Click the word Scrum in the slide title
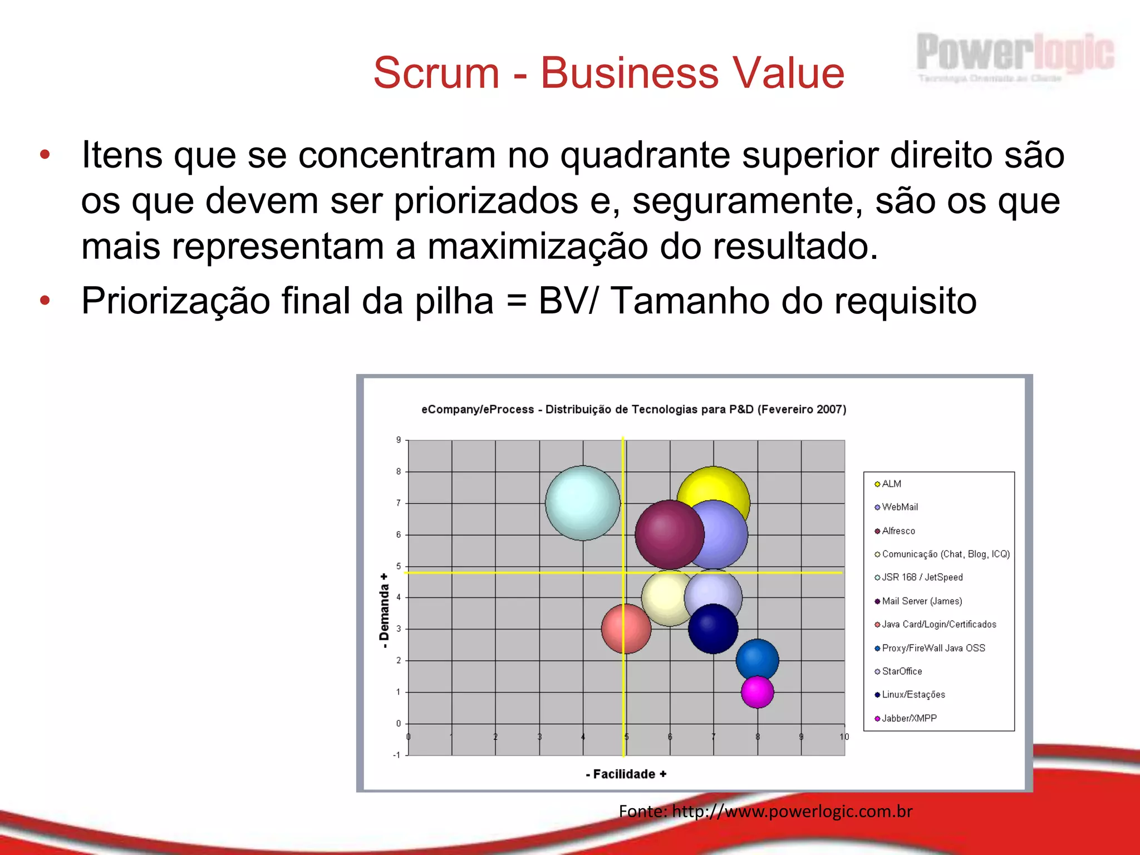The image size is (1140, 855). tap(436, 73)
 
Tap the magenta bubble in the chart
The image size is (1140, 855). tap(757, 692)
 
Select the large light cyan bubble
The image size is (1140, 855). tap(582, 503)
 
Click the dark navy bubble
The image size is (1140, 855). tap(713, 629)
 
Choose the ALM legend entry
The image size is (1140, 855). tap(891, 484)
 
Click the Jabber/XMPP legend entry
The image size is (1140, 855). tap(908, 718)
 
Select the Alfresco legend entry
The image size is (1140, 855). tap(898, 531)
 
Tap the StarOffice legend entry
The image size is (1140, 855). tap(901, 671)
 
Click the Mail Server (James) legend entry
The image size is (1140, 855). tap(921, 601)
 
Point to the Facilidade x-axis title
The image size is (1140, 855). tap(626, 774)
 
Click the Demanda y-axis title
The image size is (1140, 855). tap(384, 611)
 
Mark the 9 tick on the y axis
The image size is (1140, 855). tap(399, 440)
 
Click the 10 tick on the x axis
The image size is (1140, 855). tap(844, 736)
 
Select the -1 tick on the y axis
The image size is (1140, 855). tap(397, 755)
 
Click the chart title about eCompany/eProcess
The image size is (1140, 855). tap(633, 409)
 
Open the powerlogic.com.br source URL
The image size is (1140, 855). tap(792, 811)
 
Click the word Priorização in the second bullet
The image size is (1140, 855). tap(175, 301)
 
